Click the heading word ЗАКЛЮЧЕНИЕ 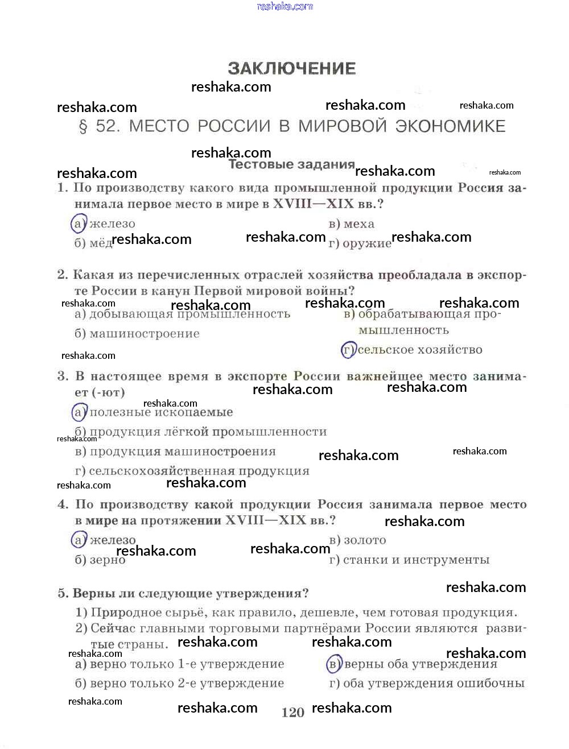click(292, 69)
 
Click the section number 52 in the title click(108, 126)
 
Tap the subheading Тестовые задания click(291, 164)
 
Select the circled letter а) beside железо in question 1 click(79, 224)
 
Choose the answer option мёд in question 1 click(101, 243)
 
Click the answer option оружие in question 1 click(366, 243)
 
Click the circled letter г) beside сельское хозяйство click(348, 350)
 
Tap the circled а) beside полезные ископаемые click(79, 412)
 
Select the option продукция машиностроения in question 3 click(182, 452)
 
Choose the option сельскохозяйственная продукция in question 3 click(199, 471)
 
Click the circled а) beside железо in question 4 click(79, 540)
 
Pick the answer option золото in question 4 click(365, 540)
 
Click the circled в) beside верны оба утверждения click(334, 664)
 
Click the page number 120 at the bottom click(292, 713)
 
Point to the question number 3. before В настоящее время click(63, 376)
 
